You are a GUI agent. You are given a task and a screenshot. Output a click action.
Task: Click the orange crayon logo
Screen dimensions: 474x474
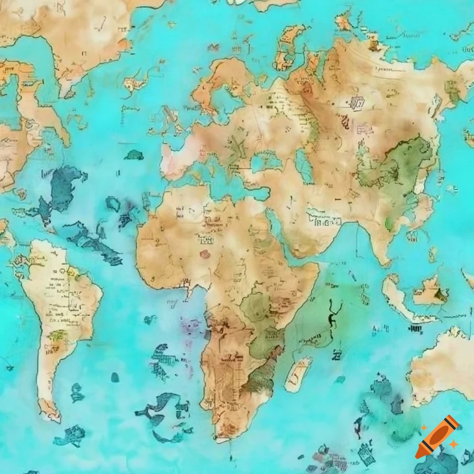[437, 437]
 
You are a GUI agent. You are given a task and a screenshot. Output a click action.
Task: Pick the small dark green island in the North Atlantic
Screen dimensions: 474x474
[134, 155]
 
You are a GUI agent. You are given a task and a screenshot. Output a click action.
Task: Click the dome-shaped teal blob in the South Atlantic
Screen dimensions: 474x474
[115, 377]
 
